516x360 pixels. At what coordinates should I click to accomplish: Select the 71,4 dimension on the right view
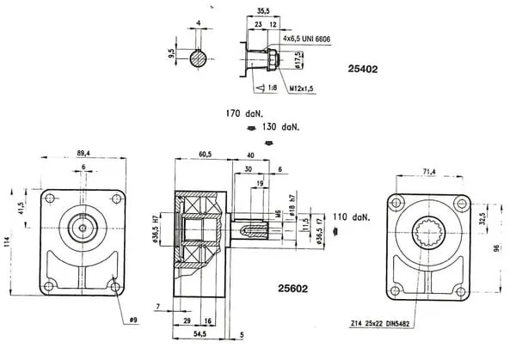427,172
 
